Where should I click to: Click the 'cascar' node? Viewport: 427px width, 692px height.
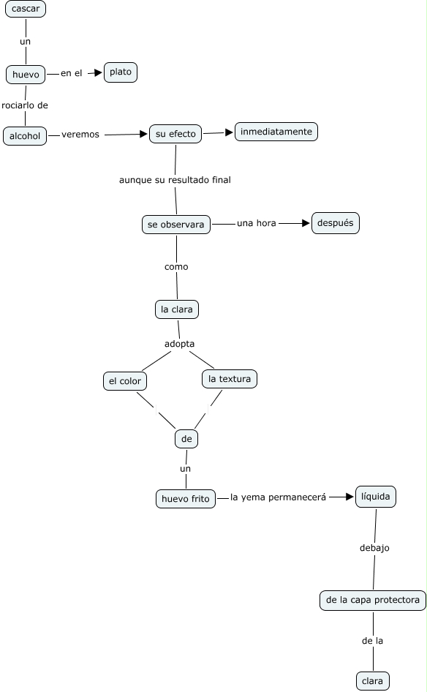[26, 9]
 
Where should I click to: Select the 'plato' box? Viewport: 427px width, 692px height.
[121, 72]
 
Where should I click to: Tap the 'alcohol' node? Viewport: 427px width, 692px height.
[25, 136]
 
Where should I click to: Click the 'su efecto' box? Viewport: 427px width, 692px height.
[175, 134]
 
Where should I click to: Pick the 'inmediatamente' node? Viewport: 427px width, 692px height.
[276, 132]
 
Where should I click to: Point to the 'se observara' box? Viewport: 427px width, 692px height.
[176, 225]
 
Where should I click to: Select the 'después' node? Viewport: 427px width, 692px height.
[336, 223]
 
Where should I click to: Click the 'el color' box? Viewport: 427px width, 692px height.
[125, 381]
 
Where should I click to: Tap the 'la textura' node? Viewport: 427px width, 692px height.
[230, 379]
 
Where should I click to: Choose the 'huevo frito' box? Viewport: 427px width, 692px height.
[186, 499]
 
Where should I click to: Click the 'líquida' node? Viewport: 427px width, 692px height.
[375, 497]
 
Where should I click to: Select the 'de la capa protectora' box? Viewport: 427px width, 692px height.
[373, 601]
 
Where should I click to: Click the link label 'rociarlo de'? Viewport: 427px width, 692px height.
[25, 105]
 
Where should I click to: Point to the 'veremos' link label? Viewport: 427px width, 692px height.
[80, 135]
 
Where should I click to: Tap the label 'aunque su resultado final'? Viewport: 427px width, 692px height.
[175, 180]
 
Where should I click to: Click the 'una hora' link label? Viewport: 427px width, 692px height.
[257, 223]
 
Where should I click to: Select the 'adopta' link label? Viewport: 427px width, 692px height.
[180, 344]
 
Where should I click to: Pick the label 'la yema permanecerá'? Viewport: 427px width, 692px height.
[278, 497]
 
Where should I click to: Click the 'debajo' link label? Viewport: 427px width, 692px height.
[374, 548]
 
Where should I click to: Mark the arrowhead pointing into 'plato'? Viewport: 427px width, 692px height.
[98, 73]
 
